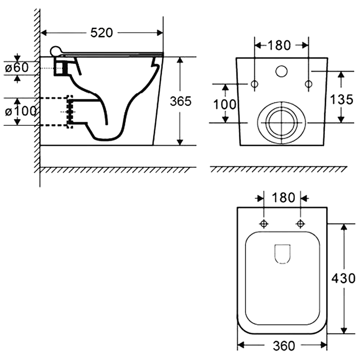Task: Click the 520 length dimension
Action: pyautogui.click(x=102, y=33)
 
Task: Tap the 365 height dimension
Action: pyautogui.click(x=181, y=101)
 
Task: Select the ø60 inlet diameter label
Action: pyautogui.click(x=17, y=68)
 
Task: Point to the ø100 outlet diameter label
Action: pyautogui.click(x=21, y=111)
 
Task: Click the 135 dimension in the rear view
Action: pyautogui.click(x=342, y=100)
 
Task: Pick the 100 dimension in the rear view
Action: pyautogui.click(x=225, y=104)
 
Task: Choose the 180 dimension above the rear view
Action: pyautogui.click(x=279, y=45)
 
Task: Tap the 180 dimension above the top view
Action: pyautogui.click(x=283, y=198)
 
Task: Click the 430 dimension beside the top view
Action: pyautogui.click(x=343, y=279)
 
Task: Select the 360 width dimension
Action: pyautogui.click(x=284, y=346)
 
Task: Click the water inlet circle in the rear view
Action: pyautogui.click(x=281, y=71)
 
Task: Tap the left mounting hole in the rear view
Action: pyautogui.click(x=255, y=84)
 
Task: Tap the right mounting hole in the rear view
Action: pyautogui.click(x=309, y=84)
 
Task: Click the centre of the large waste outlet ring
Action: pyautogui.click(x=282, y=123)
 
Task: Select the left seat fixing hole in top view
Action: pyautogui.click(x=264, y=224)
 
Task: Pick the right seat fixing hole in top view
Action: pyautogui.click(x=300, y=224)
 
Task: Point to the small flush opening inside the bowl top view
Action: pyautogui.click(x=282, y=254)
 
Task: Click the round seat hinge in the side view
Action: pyautogui.click(x=55, y=51)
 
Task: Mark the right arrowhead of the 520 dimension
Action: pyautogui.click(x=160, y=33)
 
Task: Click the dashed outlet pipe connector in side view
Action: pyautogui.click(x=70, y=112)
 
